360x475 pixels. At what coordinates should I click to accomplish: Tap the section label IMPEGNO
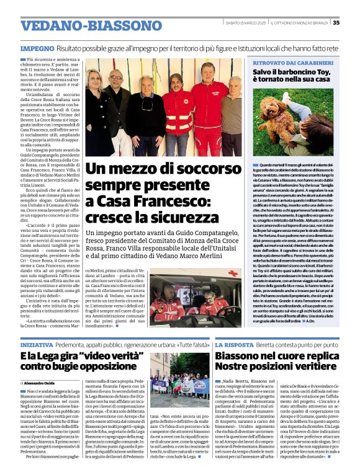coord(37,47)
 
